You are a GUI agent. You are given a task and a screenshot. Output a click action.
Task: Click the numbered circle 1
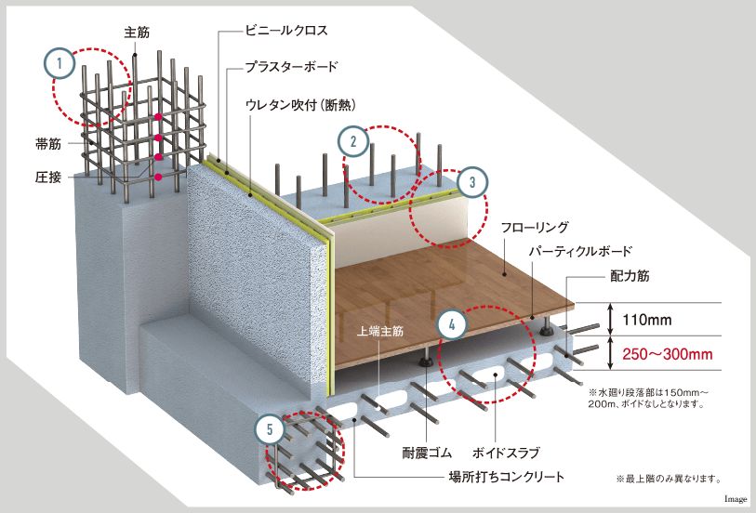(60, 64)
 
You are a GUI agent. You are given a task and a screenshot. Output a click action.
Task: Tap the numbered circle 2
(353, 142)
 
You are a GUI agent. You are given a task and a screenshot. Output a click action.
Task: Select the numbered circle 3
(472, 183)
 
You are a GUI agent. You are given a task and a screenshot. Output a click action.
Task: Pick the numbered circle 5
(270, 429)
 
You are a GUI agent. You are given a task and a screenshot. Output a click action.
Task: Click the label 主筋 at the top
(137, 32)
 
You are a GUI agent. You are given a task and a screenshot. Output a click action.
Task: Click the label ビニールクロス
(286, 31)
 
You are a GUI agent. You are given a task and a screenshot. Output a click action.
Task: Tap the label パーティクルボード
(580, 251)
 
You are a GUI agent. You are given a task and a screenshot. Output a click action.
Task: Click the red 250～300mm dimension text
(668, 353)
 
